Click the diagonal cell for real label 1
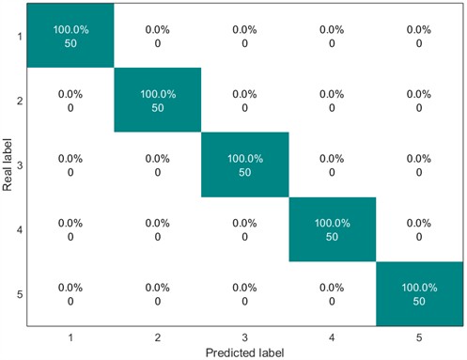point(70,36)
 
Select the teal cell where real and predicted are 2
point(158,101)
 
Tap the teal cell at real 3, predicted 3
point(245,165)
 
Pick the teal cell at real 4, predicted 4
point(333,229)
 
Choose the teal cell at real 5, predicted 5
point(420,294)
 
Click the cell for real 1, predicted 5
point(420,36)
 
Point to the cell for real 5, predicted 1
point(70,294)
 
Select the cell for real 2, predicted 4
point(333,101)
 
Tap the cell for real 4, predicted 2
point(158,229)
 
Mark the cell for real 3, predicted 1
point(70,165)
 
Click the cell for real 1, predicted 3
point(245,36)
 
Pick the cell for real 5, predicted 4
point(333,294)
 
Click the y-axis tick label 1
point(19,37)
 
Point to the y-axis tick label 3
point(19,165)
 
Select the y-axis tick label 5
point(19,294)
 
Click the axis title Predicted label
point(244,352)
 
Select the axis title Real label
point(8,165)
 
